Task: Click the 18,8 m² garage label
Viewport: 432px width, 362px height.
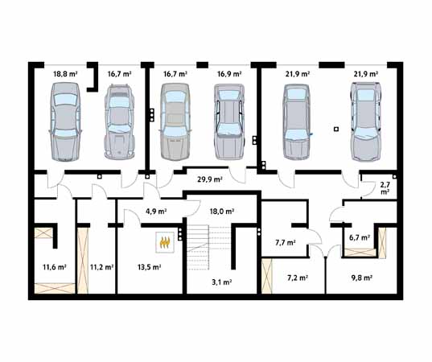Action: (x=65, y=74)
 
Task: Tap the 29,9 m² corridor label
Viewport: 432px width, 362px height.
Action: (x=210, y=179)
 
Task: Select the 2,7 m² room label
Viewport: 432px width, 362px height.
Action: (x=385, y=188)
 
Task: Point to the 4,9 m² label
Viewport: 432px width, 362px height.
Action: (x=156, y=212)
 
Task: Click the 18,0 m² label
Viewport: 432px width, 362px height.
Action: (x=222, y=212)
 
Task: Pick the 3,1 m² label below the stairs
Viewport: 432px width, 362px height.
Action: (x=221, y=282)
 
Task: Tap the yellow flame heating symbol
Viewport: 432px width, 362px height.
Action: (x=164, y=242)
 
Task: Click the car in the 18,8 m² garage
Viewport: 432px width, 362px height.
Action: (x=65, y=121)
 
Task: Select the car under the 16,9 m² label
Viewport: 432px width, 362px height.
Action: (x=229, y=121)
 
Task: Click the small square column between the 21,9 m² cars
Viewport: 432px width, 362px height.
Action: (x=335, y=129)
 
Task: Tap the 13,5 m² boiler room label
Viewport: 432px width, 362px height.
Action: (x=150, y=267)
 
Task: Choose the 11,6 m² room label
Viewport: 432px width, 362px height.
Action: (x=55, y=267)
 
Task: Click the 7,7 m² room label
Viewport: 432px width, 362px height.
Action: (x=286, y=243)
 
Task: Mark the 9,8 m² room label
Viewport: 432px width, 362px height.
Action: (x=362, y=278)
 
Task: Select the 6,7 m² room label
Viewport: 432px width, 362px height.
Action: (x=360, y=237)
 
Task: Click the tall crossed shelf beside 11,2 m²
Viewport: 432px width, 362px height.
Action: (x=83, y=261)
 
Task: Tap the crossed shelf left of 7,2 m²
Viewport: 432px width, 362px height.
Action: (x=266, y=276)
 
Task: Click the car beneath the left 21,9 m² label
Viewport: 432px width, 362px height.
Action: (x=297, y=122)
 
